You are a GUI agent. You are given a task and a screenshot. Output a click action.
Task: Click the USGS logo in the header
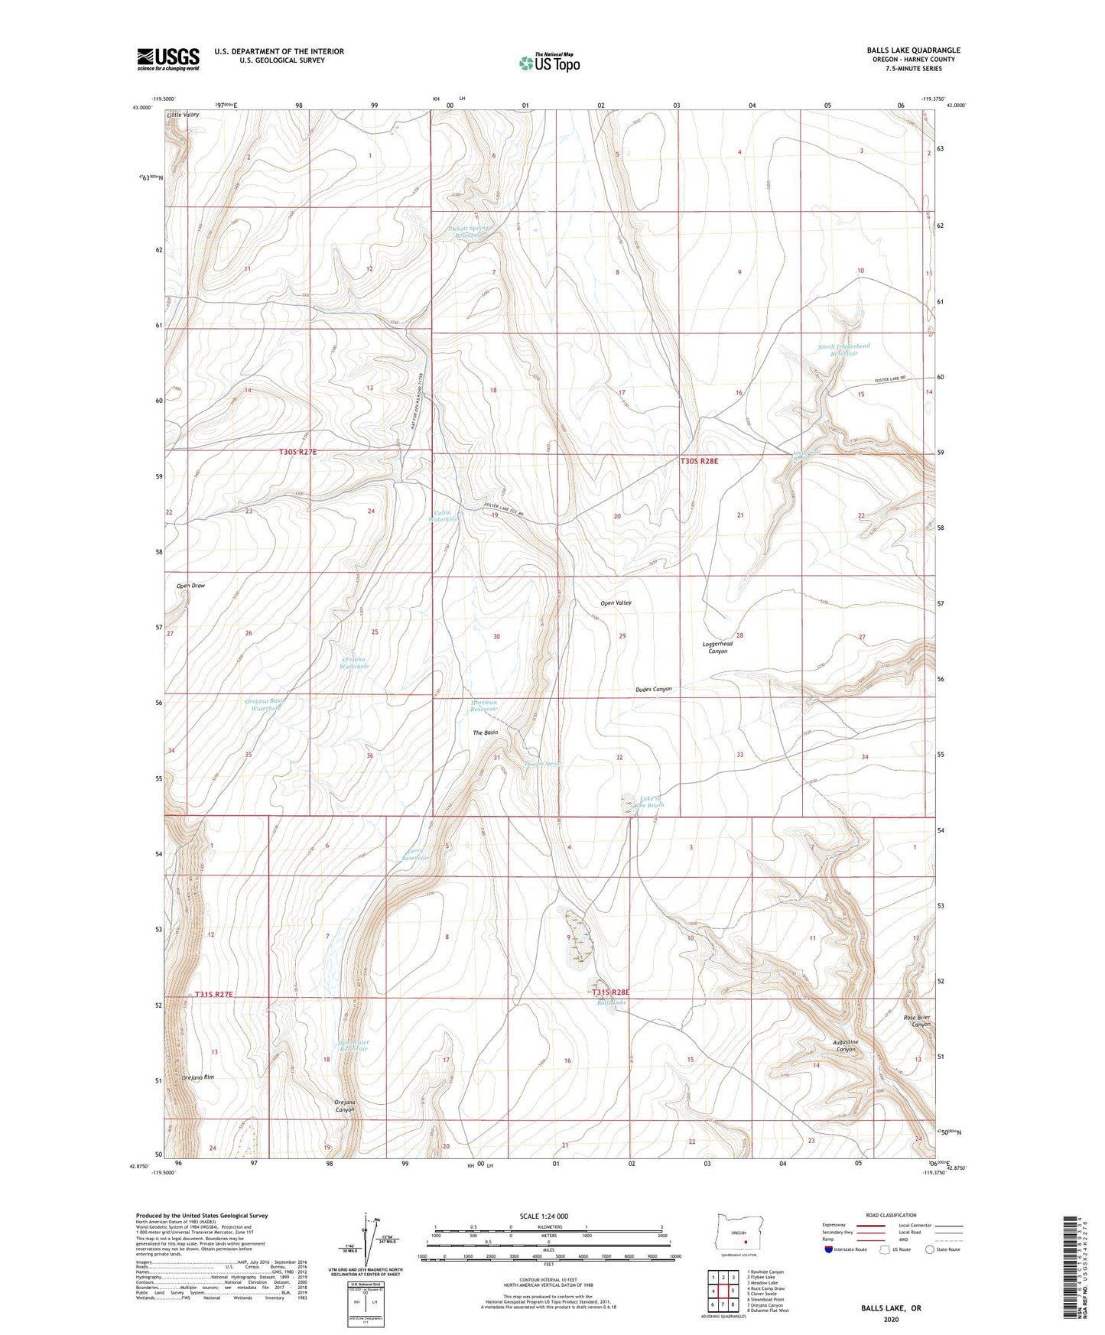(x=167, y=58)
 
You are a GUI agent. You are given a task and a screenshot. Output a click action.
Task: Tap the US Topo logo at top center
(x=549, y=62)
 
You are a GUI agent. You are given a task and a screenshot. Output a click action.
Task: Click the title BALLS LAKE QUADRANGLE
(x=913, y=50)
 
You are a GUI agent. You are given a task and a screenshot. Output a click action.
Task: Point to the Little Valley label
(x=183, y=115)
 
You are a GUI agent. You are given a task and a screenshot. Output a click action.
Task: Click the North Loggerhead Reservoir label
(x=843, y=350)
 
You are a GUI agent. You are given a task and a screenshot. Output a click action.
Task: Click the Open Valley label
(x=616, y=603)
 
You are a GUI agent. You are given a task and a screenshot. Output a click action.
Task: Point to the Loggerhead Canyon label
(x=717, y=648)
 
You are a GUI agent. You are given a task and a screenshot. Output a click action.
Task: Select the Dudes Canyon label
(x=653, y=689)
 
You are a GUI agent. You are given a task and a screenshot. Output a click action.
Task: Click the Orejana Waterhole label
(x=354, y=663)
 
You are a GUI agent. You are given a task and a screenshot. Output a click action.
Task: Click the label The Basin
(x=485, y=732)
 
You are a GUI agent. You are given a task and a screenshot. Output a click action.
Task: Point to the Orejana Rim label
(x=198, y=1077)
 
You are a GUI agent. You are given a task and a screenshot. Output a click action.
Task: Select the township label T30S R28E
(x=701, y=462)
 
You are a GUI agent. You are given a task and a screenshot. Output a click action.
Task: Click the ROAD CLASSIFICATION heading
(x=891, y=1215)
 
